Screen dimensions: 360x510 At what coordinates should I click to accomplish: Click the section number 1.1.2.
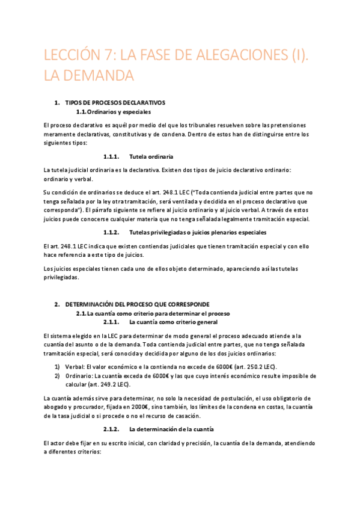(112, 232)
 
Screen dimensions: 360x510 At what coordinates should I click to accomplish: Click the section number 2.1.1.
(112, 322)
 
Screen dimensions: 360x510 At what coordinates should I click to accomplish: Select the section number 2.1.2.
(112, 429)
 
